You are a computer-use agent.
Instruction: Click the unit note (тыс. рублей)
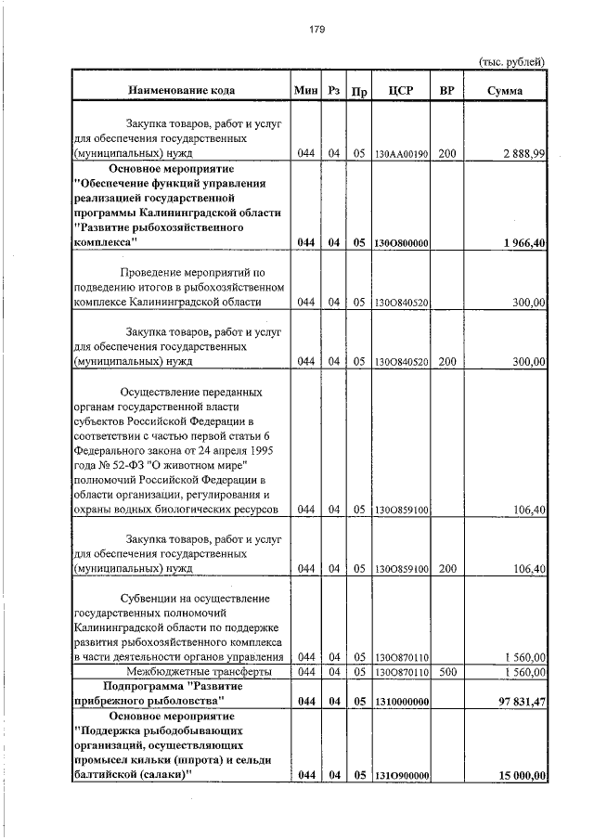click(510, 61)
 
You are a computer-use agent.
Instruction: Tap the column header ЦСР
click(401, 91)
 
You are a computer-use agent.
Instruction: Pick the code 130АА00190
click(401, 154)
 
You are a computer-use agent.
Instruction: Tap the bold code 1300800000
click(401, 243)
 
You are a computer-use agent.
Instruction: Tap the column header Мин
click(305, 91)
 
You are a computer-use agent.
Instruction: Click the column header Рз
click(333, 91)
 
